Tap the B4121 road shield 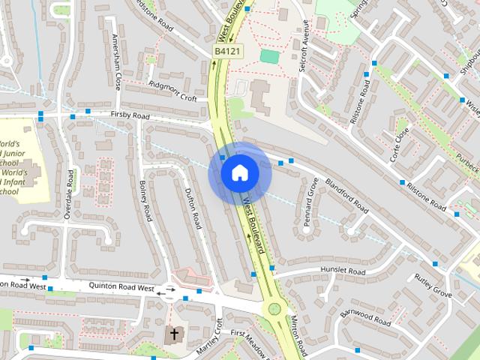pyautogui.click(x=228, y=50)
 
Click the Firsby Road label pyautogui.click(x=130, y=116)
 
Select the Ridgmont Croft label pyautogui.click(x=172, y=91)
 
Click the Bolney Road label pyautogui.click(x=145, y=201)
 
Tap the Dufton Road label pyautogui.click(x=193, y=210)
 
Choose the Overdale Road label pyautogui.click(x=69, y=193)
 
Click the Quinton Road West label pyautogui.click(x=121, y=286)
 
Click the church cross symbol pyautogui.click(x=175, y=333)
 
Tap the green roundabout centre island pyautogui.click(x=274, y=307)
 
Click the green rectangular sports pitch pyautogui.click(x=268, y=55)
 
